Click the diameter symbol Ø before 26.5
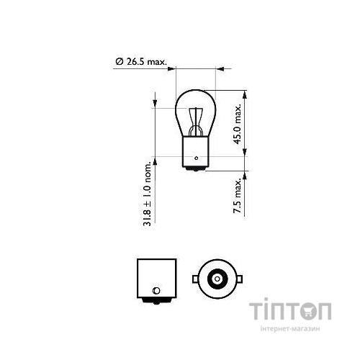(x=119, y=62)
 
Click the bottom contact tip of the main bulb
(x=195, y=171)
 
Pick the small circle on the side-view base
(x=155, y=292)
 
